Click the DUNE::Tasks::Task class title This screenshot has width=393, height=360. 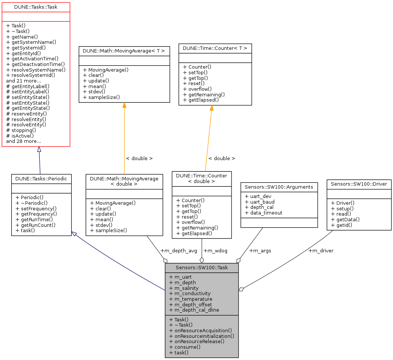coord(36,7)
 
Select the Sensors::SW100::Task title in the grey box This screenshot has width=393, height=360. coord(202,268)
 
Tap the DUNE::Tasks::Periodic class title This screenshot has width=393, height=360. coord(41,179)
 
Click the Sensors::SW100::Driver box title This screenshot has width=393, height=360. coord(359,184)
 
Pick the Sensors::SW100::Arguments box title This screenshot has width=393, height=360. coord(279,186)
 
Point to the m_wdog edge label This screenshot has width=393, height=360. coord(215,250)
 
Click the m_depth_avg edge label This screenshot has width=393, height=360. coord(178,250)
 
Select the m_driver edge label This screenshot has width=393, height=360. coord(321,250)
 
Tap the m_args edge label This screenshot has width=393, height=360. coord(260,250)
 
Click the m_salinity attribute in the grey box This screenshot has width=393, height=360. coord(184,288)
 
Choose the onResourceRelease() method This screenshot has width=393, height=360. coord(197,341)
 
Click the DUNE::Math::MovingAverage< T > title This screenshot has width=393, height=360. coord(124,50)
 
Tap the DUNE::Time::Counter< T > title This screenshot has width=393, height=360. coord(215,48)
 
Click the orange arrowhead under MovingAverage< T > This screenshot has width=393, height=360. coord(124,106)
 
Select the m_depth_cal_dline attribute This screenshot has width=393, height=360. coord(194,310)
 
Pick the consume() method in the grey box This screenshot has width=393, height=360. coord(185,347)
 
